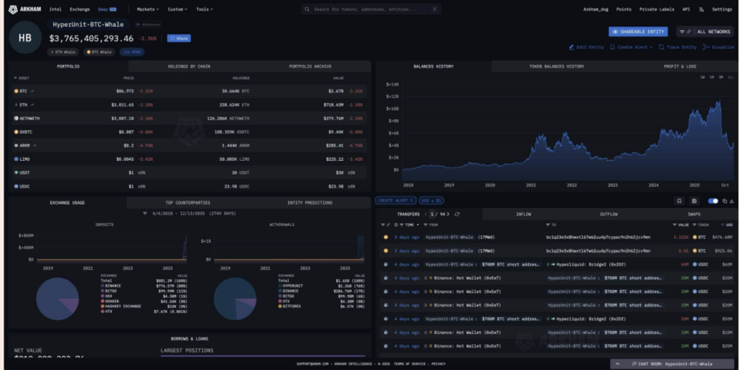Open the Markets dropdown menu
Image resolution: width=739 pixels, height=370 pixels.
tap(149, 9)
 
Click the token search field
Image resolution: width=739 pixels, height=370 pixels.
tap(371, 9)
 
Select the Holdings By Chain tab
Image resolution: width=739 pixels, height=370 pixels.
tap(188, 66)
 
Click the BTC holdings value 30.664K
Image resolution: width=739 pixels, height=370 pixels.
tap(235, 91)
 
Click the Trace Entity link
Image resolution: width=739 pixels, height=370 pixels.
tap(678, 47)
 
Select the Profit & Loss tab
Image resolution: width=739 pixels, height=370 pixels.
tap(681, 66)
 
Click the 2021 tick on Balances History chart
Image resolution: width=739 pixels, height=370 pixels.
tap(530, 185)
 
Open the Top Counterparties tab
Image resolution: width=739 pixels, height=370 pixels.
tap(189, 203)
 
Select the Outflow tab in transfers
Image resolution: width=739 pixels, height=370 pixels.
tap(609, 214)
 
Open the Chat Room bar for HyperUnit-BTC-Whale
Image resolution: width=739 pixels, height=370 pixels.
tap(671, 364)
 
